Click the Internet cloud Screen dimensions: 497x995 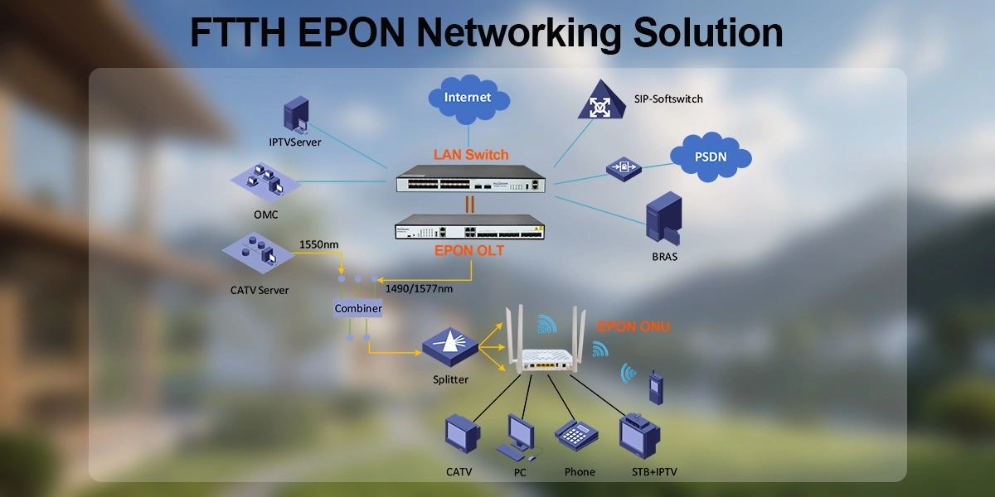[x=468, y=98]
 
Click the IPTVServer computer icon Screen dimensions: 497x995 [x=296, y=114]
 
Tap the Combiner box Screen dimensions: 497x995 [x=358, y=309]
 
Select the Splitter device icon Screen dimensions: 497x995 [x=449, y=347]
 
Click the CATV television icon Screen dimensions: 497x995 [x=462, y=436]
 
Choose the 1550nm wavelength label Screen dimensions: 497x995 [x=319, y=245]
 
